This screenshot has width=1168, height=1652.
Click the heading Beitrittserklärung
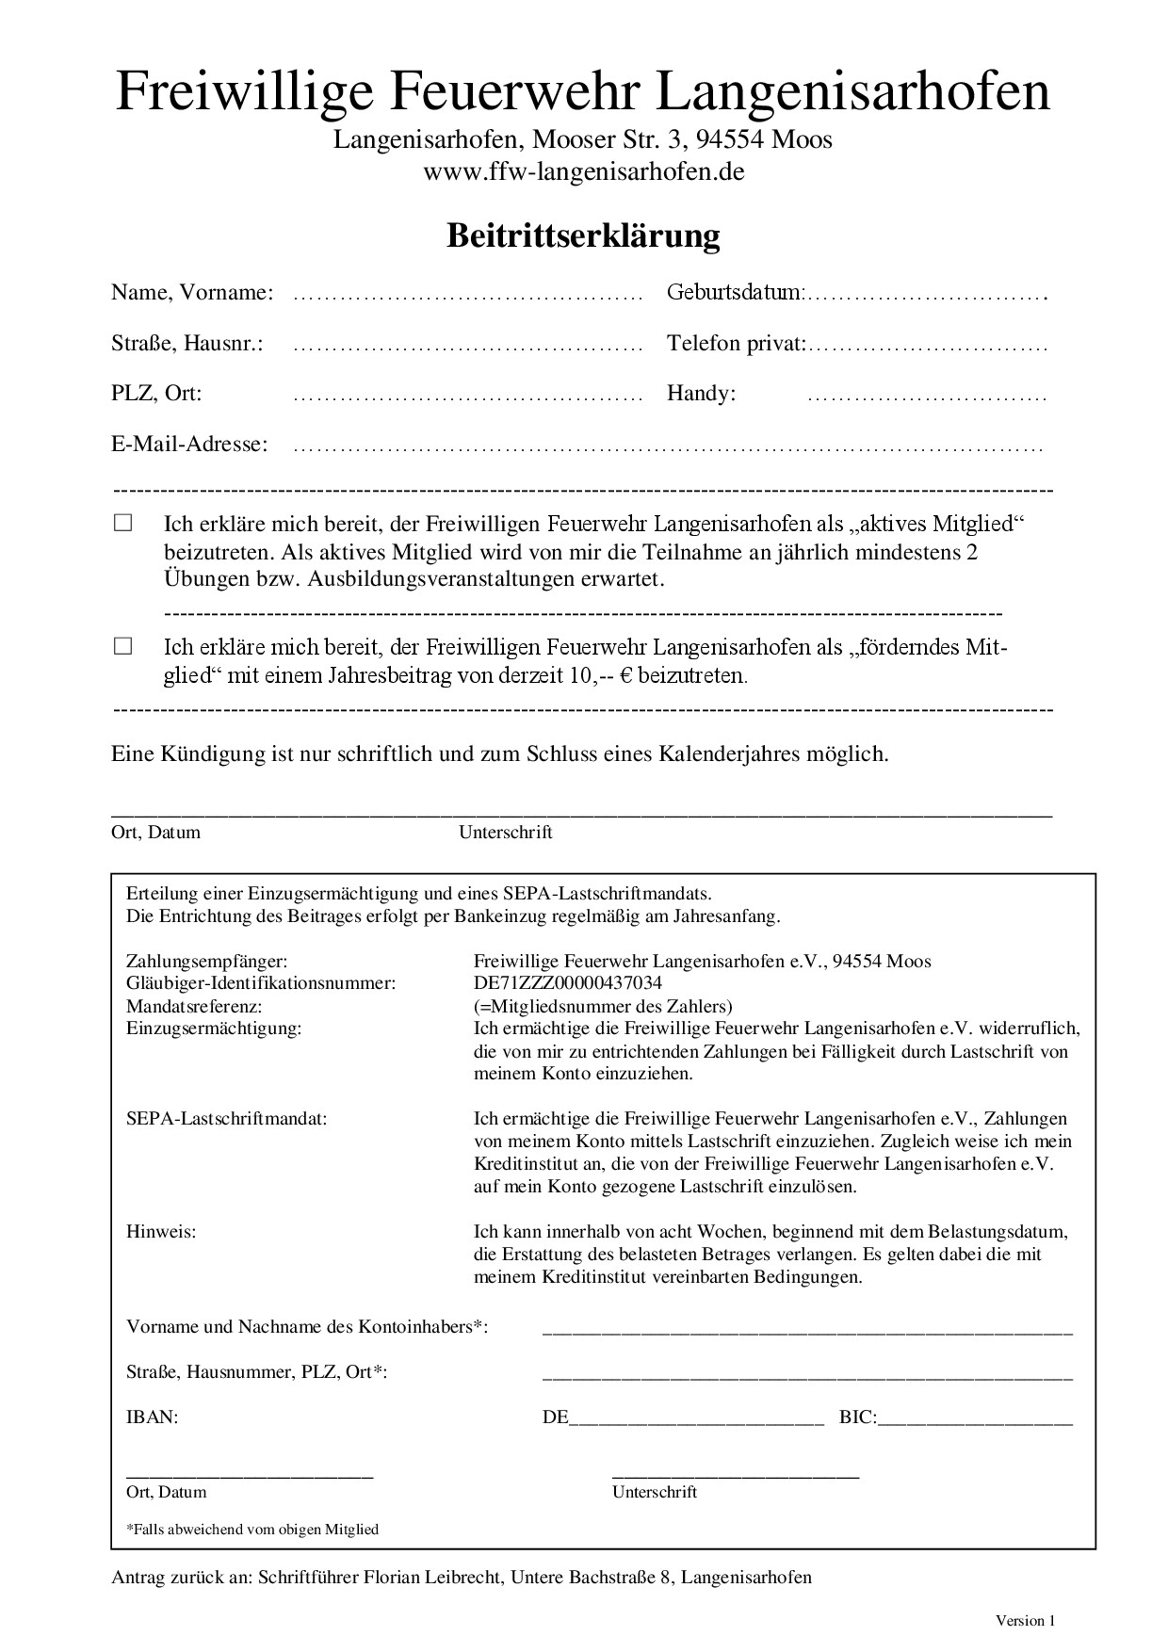[x=583, y=235]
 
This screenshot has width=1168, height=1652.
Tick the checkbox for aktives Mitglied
[x=123, y=523]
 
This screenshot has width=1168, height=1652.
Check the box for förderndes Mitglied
[x=123, y=646]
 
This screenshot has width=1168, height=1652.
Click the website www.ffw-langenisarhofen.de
[x=583, y=171]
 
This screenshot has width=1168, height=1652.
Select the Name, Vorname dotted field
[x=467, y=296]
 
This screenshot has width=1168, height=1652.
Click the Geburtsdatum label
[x=735, y=292]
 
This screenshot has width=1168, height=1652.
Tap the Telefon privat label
[x=736, y=343]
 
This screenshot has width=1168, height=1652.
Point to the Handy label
[x=701, y=393]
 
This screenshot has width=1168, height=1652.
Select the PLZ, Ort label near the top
[x=156, y=393]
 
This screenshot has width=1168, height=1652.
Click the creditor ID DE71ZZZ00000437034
[x=568, y=983]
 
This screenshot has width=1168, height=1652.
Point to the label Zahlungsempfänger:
[x=206, y=961]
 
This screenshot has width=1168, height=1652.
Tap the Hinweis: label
[x=161, y=1231]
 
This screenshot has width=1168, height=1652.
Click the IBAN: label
[x=152, y=1417]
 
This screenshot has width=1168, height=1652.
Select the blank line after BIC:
[x=975, y=1420]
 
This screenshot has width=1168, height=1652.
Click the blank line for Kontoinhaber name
[x=807, y=1330]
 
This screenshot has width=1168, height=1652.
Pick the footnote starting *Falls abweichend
[x=251, y=1529]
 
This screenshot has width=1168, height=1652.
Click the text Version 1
[x=1025, y=1620]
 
